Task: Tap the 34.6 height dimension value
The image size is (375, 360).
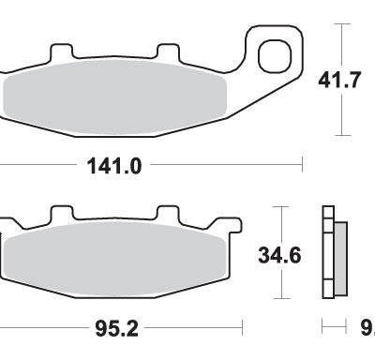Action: [x=280, y=254]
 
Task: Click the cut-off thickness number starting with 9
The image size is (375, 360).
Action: [x=367, y=329]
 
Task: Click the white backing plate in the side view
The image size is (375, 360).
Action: [x=327, y=253]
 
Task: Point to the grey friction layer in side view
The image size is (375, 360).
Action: [x=339, y=254]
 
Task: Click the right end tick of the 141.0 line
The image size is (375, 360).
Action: [x=303, y=167]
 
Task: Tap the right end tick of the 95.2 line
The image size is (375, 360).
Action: [x=243, y=329]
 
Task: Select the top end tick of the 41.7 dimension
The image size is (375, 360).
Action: [x=344, y=24]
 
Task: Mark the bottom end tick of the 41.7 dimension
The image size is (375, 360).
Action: [x=344, y=134]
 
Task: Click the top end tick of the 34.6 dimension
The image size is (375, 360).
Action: [x=278, y=204]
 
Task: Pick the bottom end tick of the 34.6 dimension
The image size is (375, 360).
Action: [x=278, y=299]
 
